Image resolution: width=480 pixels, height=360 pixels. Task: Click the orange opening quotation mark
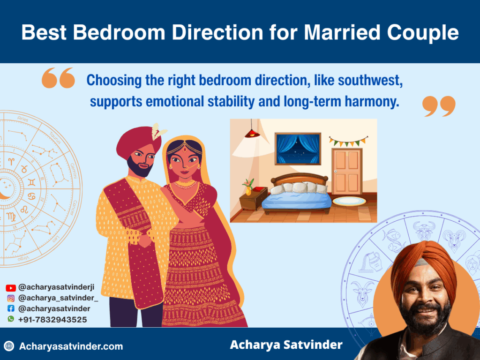coord(58,78)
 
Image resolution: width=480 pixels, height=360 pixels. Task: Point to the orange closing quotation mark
coord(439,106)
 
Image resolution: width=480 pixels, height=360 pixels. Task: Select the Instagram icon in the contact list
coord(11,298)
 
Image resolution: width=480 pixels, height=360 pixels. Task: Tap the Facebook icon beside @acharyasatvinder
coord(11,308)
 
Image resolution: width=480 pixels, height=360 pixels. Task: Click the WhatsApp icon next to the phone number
coord(11,319)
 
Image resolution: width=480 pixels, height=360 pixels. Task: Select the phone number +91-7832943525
coord(52,319)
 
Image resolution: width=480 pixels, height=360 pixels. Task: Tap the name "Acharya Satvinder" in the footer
coord(286,345)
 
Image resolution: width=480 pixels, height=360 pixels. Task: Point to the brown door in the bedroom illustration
coord(346,171)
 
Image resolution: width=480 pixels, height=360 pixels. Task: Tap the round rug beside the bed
coord(349,201)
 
